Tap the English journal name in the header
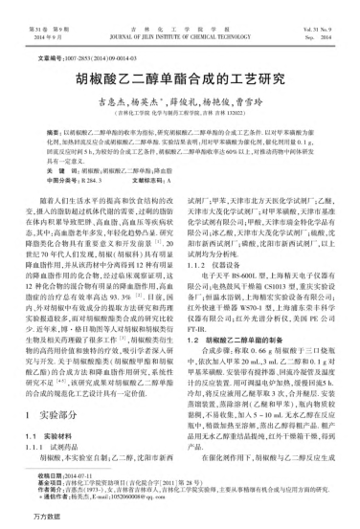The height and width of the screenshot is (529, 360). coord(179,18)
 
